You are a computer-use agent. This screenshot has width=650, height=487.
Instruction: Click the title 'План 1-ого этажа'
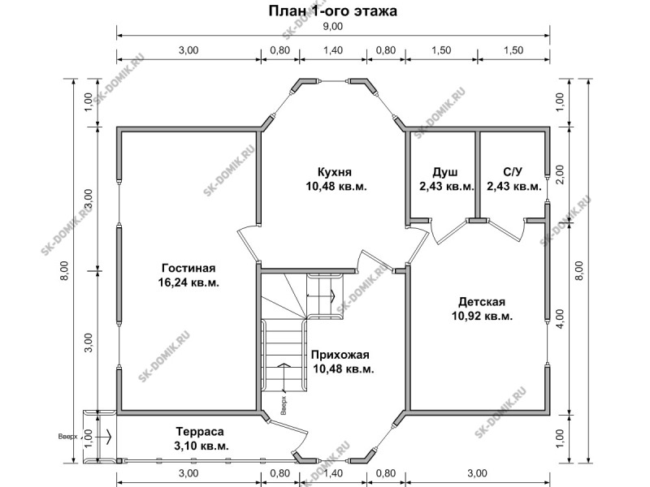click(333, 11)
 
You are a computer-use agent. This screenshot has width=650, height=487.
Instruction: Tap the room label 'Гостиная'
click(188, 268)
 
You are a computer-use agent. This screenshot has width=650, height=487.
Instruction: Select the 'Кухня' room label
click(335, 171)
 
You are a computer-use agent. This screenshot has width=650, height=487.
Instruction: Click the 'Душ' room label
click(445, 172)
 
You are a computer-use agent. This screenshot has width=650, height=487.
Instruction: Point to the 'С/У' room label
click(513, 172)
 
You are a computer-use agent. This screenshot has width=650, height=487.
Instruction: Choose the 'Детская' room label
click(482, 301)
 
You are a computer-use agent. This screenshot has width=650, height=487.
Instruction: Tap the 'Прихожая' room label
click(340, 355)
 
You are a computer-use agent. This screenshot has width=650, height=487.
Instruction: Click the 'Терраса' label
click(200, 432)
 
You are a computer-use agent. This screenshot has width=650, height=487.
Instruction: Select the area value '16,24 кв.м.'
click(188, 282)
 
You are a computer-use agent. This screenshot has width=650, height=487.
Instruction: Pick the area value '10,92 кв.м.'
click(482, 316)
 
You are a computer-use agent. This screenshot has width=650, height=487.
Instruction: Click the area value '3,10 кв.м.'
click(200, 446)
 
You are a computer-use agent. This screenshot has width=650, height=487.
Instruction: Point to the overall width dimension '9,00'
click(333, 27)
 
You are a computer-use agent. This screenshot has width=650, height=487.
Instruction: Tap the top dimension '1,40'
click(333, 50)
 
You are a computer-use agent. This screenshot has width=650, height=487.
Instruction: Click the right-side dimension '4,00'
click(560, 318)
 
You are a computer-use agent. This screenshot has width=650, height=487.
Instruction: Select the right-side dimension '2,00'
click(560, 175)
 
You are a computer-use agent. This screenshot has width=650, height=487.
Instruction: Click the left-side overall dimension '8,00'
click(64, 270)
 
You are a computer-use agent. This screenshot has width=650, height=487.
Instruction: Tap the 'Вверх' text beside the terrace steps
click(67, 437)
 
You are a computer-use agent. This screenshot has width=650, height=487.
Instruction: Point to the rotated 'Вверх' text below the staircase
click(284, 406)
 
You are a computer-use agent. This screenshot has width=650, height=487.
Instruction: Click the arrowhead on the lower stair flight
click(284, 365)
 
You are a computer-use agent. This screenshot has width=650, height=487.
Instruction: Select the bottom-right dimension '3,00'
click(478, 473)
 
